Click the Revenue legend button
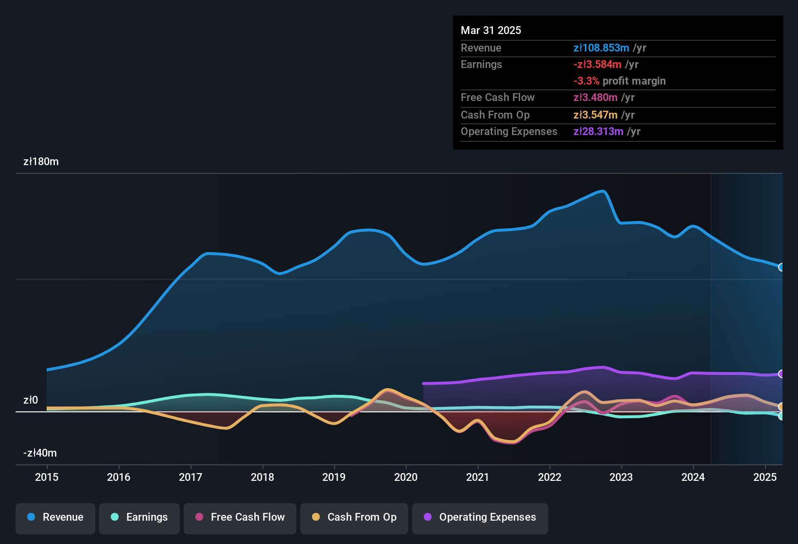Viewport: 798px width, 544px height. tap(55, 517)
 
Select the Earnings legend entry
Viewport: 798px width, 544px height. tap(139, 517)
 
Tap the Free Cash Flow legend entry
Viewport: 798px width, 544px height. tap(240, 517)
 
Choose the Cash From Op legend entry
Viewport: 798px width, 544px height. tap(354, 517)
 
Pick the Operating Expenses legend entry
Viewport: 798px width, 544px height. tap(480, 517)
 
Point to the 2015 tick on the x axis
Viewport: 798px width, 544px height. tap(47, 477)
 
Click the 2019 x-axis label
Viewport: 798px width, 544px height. tap(334, 477)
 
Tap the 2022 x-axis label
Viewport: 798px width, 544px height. tap(550, 477)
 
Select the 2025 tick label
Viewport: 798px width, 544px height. tap(765, 477)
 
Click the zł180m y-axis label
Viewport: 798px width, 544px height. tap(41, 162)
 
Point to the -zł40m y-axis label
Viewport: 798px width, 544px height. tap(40, 453)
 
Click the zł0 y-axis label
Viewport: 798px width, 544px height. tap(31, 400)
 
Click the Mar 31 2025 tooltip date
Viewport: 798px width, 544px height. tap(491, 30)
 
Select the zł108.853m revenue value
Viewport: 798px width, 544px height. tap(601, 48)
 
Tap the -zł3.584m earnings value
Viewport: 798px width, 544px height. tap(597, 64)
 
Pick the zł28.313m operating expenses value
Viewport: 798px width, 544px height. tap(598, 132)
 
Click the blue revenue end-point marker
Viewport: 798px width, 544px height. tap(781, 267)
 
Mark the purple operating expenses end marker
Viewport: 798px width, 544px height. tap(781, 374)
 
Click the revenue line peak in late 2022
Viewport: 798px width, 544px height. tap(603, 191)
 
